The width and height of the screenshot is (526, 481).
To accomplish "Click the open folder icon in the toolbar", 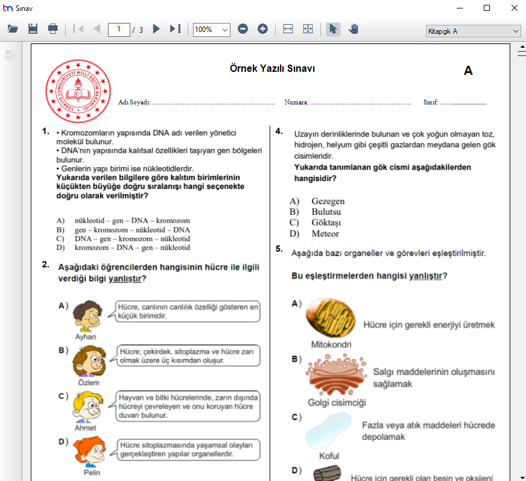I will (x=13, y=29).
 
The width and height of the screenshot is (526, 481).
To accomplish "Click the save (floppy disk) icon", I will (x=33, y=29).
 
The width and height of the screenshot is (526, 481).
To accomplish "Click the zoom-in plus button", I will (x=262, y=29).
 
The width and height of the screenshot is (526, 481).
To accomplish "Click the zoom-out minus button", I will (x=242, y=29).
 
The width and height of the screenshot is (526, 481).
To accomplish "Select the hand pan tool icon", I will (x=353, y=29).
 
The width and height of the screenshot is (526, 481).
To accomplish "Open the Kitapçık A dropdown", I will (x=473, y=31).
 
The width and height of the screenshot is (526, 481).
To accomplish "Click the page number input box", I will (x=119, y=29).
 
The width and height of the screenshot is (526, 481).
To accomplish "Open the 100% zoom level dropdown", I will (x=211, y=29).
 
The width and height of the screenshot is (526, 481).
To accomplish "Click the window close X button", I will (x=514, y=8).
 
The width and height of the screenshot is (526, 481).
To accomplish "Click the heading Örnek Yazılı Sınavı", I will (x=272, y=69).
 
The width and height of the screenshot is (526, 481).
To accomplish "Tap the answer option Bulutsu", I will (x=326, y=212).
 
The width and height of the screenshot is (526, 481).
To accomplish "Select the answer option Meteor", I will (x=325, y=234).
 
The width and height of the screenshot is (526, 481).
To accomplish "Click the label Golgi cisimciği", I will (x=337, y=403).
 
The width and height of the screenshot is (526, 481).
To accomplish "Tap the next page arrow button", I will (x=156, y=29).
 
